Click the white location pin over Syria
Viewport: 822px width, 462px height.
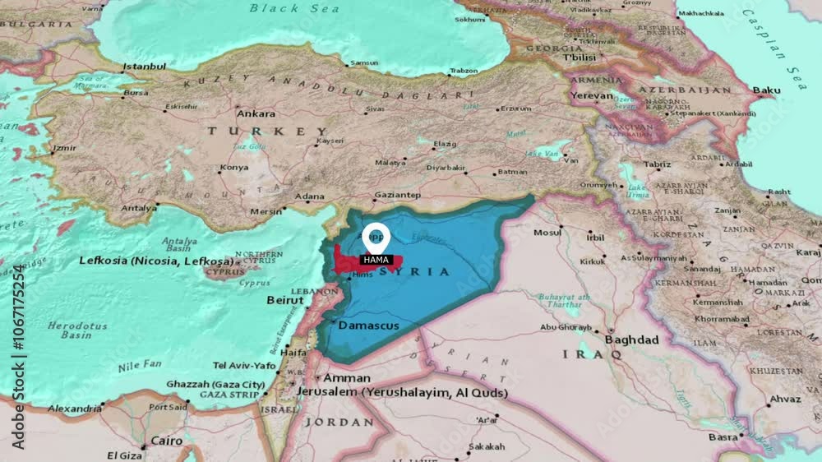point(376,236)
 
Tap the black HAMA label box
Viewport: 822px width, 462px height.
point(376,260)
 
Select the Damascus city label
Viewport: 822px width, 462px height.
point(368,326)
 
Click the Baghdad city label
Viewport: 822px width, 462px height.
point(631,340)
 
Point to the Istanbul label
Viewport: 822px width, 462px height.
point(144,67)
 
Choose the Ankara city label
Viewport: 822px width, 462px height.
point(256,113)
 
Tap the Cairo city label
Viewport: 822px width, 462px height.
point(167,441)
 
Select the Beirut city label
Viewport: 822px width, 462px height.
point(285,300)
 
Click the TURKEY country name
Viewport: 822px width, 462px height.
point(267,132)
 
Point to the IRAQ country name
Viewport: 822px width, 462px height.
point(592,354)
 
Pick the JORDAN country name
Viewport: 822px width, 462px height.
point(339,422)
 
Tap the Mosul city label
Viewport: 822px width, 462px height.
point(547,233)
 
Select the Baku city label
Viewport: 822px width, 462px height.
point(766,90)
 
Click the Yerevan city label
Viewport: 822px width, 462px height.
point(593,95)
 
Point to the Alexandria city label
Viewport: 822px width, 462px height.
point(74,408)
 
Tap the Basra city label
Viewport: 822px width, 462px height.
point(724,437)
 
